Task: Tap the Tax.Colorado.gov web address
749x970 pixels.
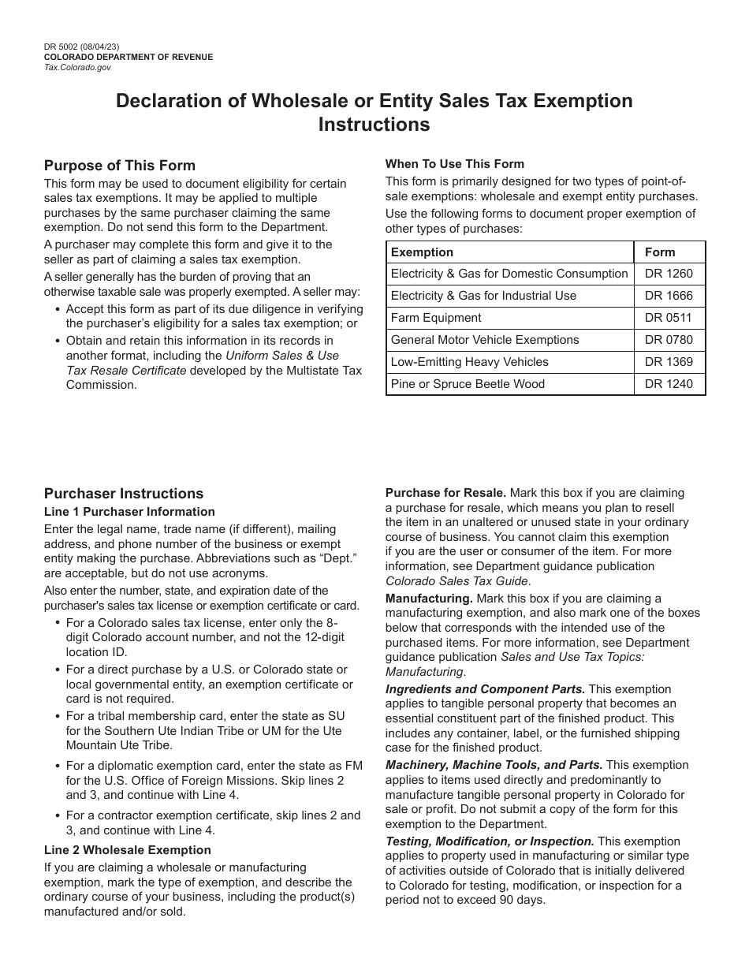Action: point(77,68)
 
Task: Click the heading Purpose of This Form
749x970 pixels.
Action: point(119,166)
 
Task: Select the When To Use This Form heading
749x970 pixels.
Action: point(454,164)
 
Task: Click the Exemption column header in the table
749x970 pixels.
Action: point(422,252)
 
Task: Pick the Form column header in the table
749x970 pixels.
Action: point(660,252)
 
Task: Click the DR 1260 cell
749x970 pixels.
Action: point(669,274)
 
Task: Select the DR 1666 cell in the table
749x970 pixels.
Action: point(669,296)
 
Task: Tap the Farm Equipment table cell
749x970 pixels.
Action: point(435,318)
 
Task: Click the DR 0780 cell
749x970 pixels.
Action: point(669,340)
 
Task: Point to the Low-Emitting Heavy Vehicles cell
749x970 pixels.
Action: point(469,362)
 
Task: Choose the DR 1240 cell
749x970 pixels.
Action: point(669,384)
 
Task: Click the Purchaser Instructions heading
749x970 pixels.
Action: point(124,494)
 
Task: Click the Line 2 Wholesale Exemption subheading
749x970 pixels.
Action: point(127,850)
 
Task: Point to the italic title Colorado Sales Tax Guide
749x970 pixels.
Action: point(457,581)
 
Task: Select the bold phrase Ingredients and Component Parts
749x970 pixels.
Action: point(485,689)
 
